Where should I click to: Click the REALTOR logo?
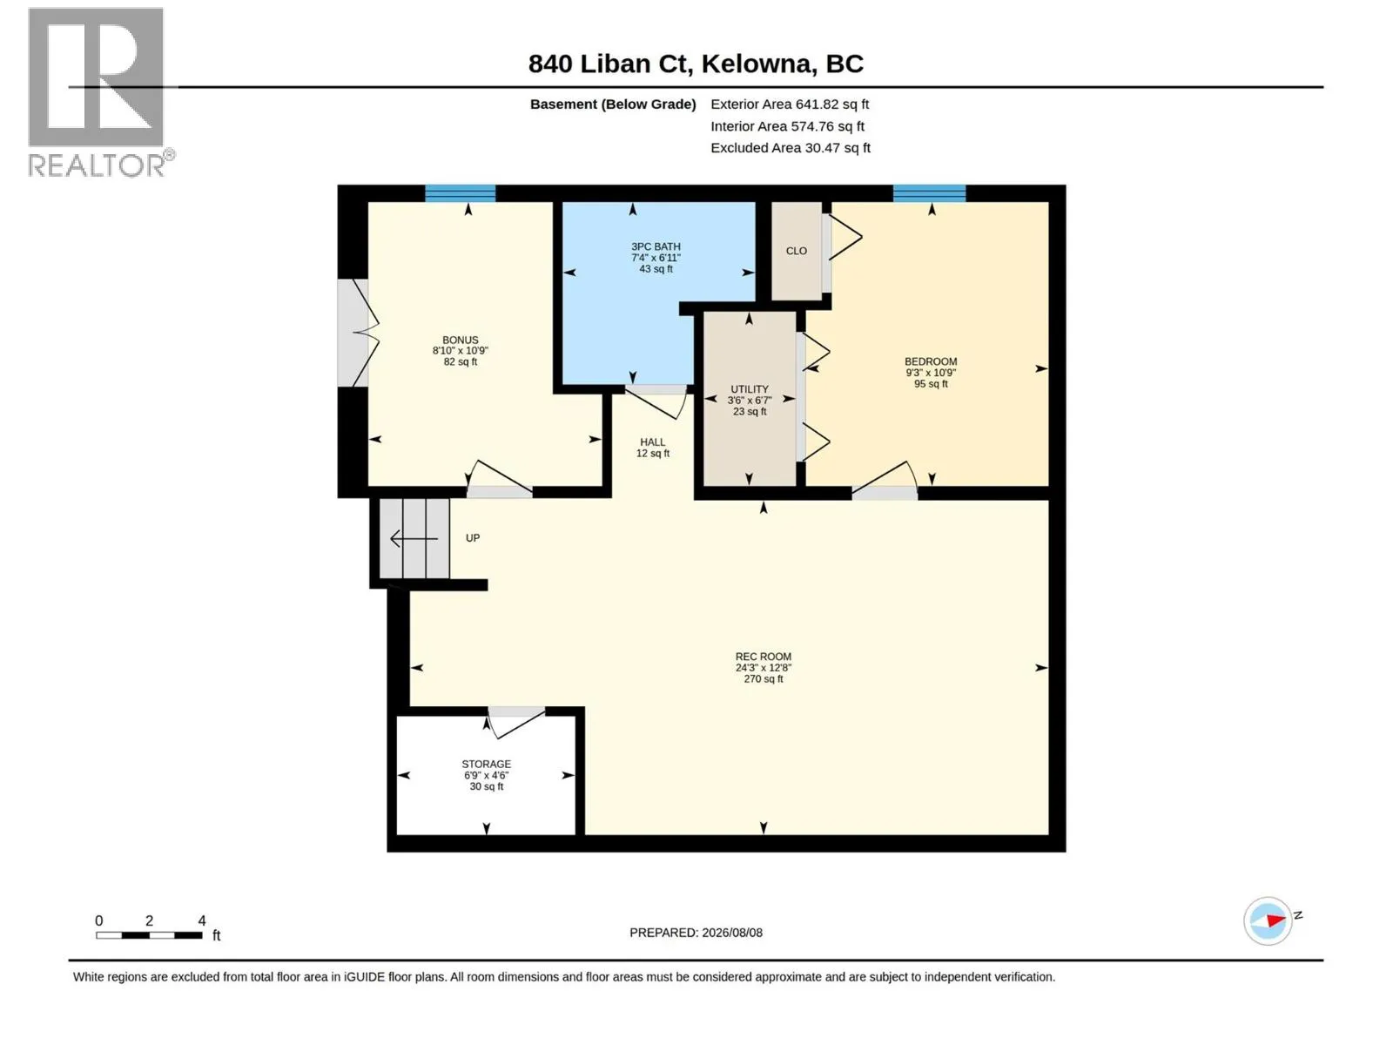point(100,92)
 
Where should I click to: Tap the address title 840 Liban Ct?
point(609,64)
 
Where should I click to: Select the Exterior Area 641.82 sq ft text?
point(789,104)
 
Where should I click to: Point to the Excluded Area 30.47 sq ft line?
point(790,148)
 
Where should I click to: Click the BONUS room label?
point(460,340)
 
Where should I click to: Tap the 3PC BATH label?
point(656,246)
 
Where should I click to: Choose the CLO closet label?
point(796,252)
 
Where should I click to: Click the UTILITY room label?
point(749,389)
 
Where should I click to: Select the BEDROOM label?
point(931,361)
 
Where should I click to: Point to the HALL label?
point(652,442)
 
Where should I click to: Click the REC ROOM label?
point(763,657)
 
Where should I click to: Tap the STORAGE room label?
point(486,764)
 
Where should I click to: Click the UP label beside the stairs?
point(472,538)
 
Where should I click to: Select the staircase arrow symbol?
point(414,539)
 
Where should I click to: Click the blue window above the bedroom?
point(929,192)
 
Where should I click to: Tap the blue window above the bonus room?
point(460,192)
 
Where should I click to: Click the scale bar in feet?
point(149,934)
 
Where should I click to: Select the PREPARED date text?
point(696,932)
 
